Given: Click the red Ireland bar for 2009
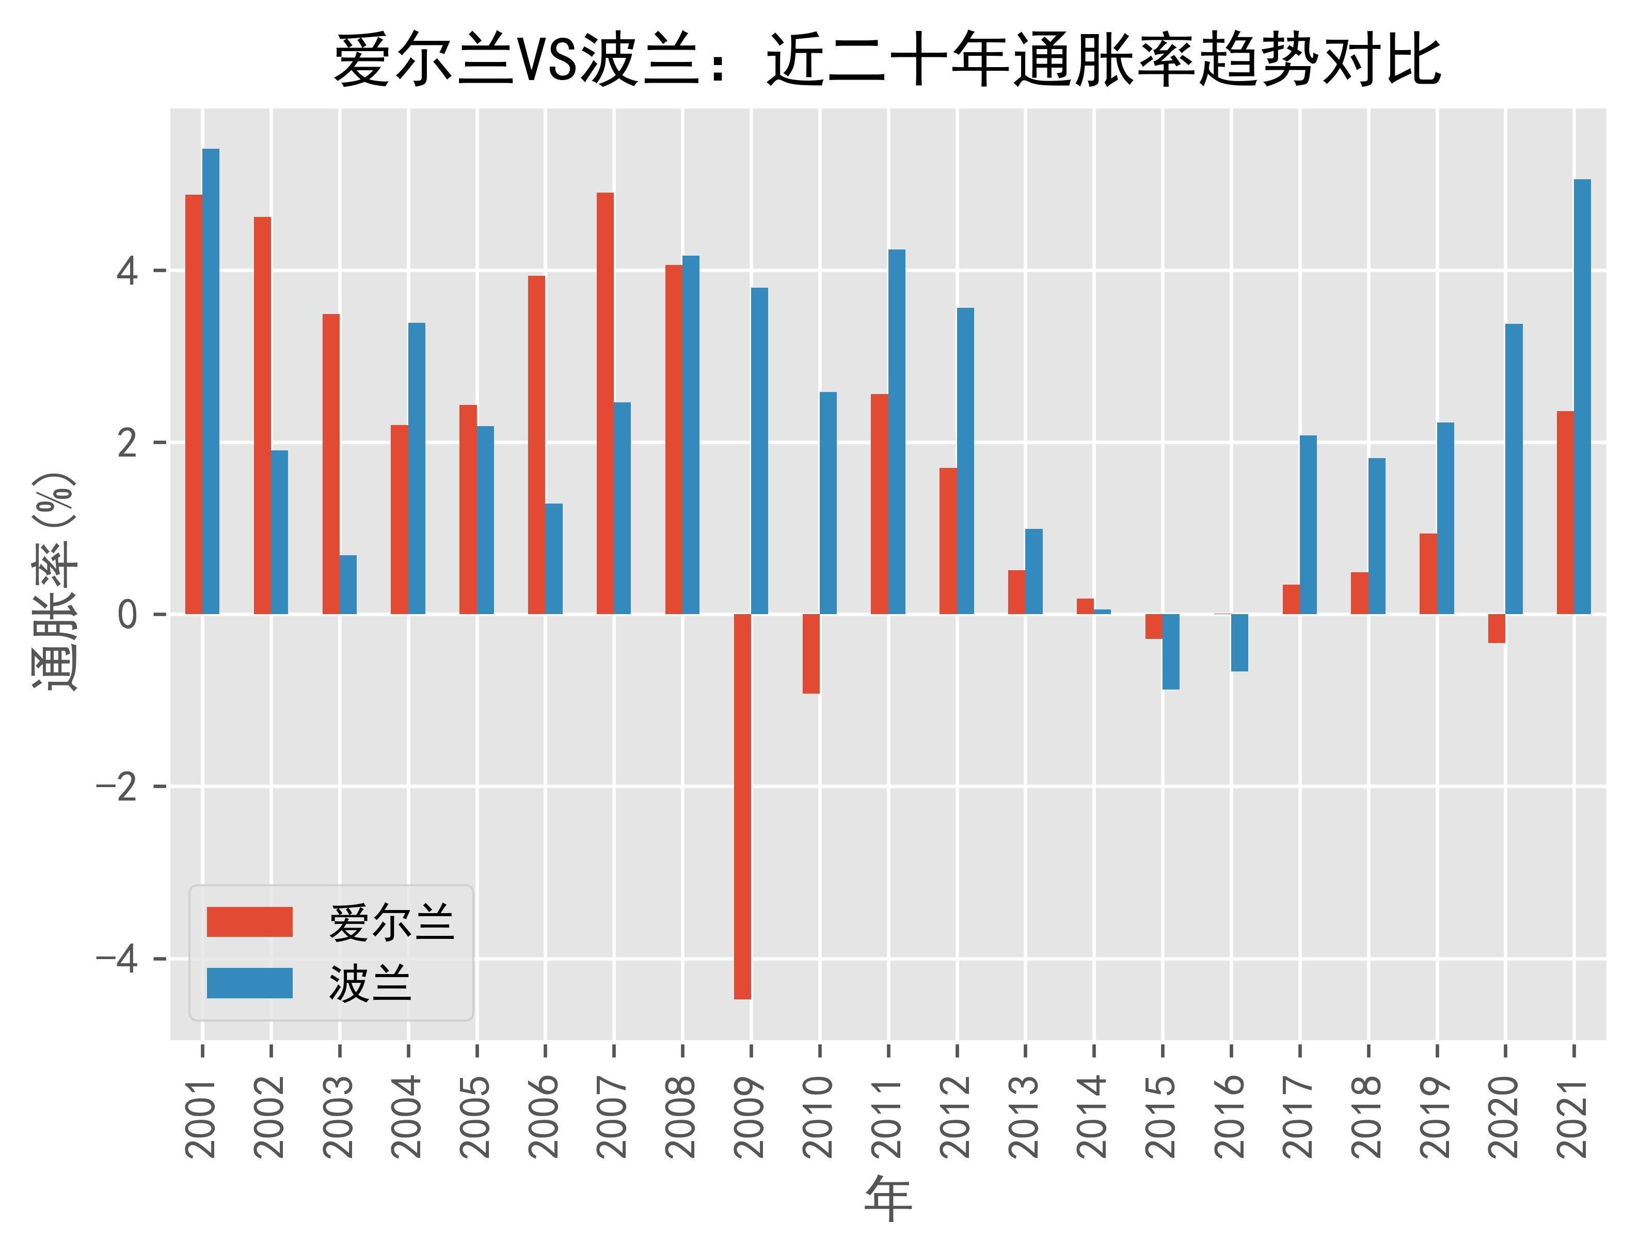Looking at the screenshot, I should click(742, 806).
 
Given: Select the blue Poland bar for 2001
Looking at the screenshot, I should click(211, 381).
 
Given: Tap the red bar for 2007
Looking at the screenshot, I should click(605, 403).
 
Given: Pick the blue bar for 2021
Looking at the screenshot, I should click(1582, 396).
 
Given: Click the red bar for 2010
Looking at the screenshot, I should click(811, 654).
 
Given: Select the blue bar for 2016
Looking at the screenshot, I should click(1239, 642).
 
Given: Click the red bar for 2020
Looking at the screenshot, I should click(1497, 629).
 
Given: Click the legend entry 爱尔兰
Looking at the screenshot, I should click(391, 922).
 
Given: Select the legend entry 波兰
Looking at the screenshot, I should click(370, 983).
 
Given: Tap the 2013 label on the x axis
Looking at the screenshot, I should click(1025, 1117).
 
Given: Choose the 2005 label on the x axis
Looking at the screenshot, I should click(476, 1117).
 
